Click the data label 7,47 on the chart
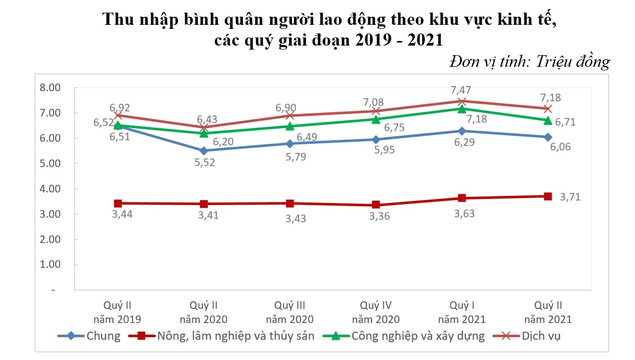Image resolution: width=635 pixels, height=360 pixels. coord(461,90)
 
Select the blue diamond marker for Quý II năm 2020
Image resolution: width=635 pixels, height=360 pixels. coord(204,151)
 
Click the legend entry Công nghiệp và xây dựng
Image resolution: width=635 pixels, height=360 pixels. coord(418,336)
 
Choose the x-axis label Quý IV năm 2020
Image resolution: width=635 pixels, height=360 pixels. coord(375,312)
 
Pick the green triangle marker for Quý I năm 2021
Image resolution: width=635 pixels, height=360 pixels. coord(461,109)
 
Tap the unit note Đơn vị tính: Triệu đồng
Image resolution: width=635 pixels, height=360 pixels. coord(529,62)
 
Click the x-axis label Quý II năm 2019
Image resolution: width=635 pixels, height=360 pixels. coord(117,312)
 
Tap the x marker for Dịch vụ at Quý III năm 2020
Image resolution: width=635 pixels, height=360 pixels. coord(290,115)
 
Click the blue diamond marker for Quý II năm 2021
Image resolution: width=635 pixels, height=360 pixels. coord(547,137)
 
